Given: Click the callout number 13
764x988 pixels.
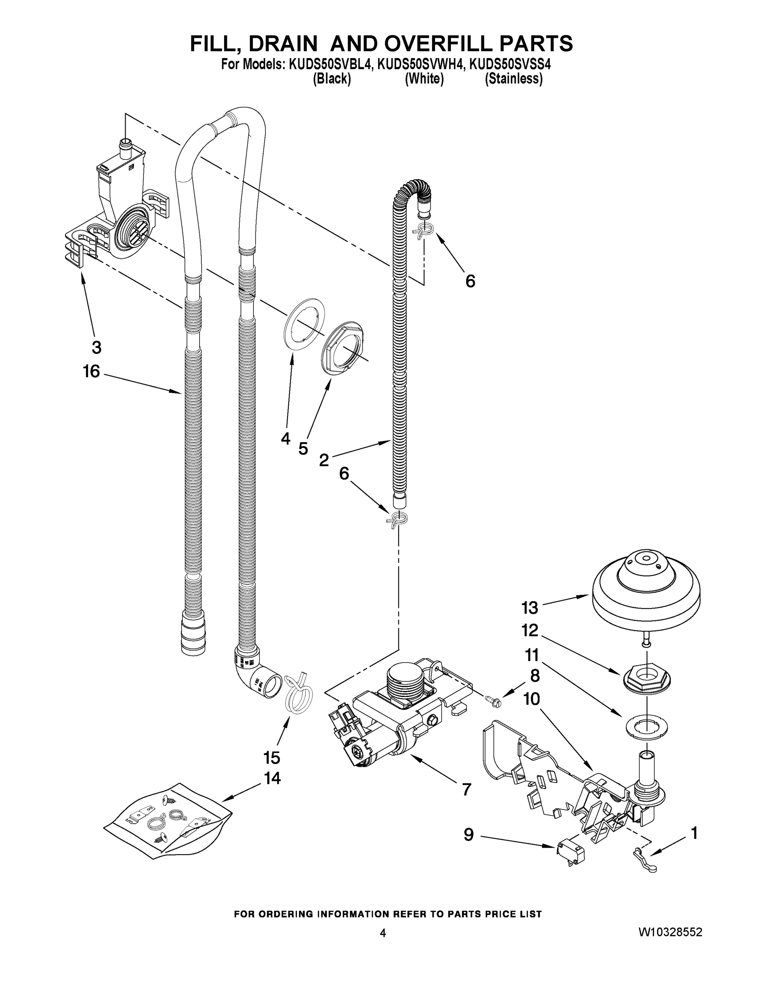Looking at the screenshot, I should pyautogui.click(x=529, y=608).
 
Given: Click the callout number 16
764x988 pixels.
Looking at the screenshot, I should pyautogui.click(x=91, y=371).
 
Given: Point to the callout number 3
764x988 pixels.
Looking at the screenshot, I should pyautogui.click(x=96, y=347).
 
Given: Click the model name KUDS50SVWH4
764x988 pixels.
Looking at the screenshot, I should pyautogui.click(x=421, y=65).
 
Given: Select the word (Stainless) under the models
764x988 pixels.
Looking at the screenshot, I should pyautogui.click(x=513, y=79).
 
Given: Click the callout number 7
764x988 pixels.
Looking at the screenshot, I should pyautogui.click(x=467, y=790).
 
